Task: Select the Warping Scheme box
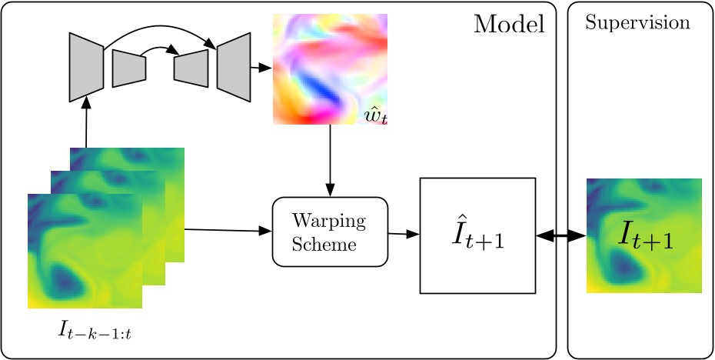pos(330,232)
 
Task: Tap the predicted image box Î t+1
pos(477,235)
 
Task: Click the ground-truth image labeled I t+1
pos(643,235)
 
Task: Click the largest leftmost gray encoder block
pos(86,67)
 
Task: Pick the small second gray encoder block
pos(128,68)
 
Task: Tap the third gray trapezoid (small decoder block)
pos(191,68)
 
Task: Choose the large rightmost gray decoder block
pos(234,67)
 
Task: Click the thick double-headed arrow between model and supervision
pos(561,235)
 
